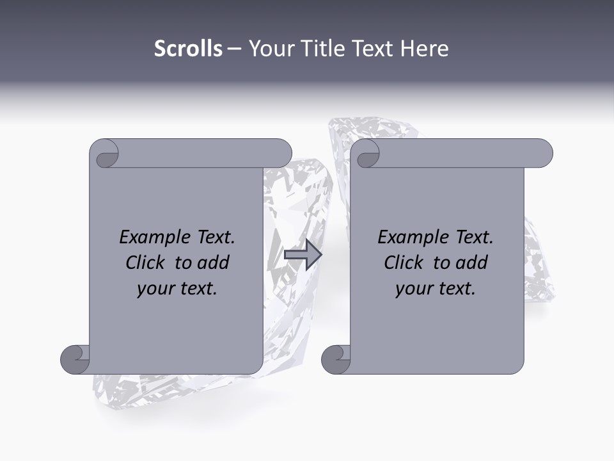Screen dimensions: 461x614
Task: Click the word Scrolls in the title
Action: point(188,49)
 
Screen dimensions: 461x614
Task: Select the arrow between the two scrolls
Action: point(303,255)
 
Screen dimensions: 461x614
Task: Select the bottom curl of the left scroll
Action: point(75,359)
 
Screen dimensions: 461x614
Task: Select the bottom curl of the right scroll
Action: point(336,359)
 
